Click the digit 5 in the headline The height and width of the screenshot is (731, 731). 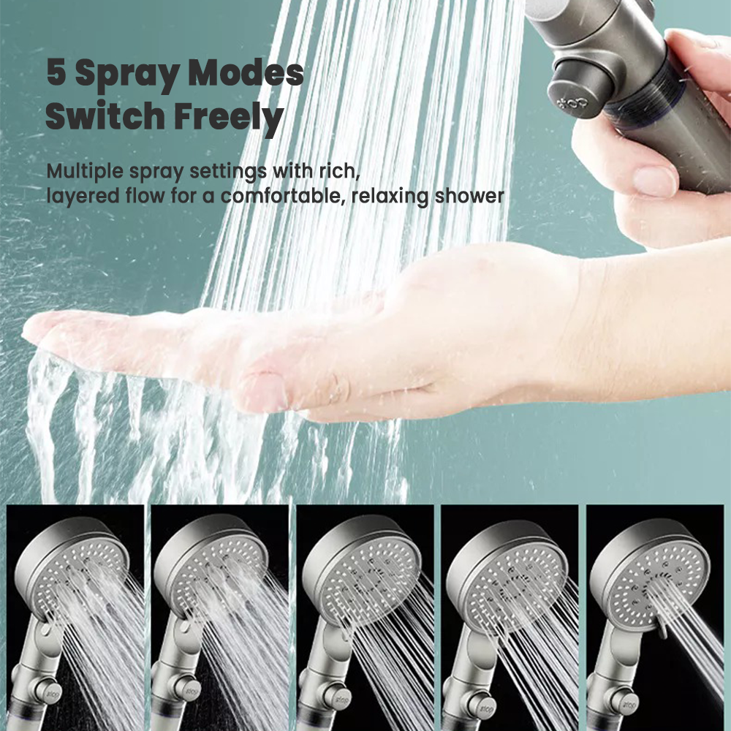point(56,72)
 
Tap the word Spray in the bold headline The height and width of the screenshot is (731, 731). point(126,75)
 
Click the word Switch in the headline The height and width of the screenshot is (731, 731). point(105,115)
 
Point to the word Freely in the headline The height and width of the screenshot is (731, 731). point(229,119)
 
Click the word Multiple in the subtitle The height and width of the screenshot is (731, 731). point(86,172)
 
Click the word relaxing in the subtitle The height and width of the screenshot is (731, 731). point(390,197)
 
